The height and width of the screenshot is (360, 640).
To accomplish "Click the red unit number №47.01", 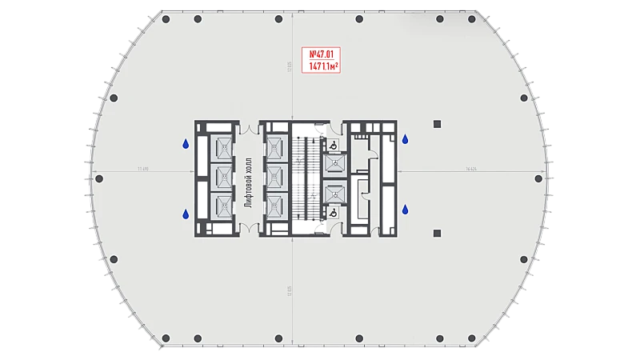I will [x=320, y=54].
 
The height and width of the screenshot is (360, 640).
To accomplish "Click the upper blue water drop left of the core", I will [x=186, y=145].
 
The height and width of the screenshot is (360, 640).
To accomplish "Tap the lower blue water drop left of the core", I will [x=186, y=214].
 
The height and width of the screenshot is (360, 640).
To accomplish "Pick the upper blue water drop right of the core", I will [x=406, y=140].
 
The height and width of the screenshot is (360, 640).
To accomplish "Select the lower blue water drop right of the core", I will [x=406, y=210].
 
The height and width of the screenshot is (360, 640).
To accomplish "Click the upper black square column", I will [x=437, y=124].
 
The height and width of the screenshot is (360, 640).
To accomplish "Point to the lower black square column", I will [x=437, y=233].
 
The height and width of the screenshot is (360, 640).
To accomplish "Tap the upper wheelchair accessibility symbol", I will [x=332, y=145].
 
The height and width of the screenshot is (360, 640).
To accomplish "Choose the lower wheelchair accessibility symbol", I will [x=332, y=213].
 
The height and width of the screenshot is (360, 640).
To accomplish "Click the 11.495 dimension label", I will [x=144, y=170].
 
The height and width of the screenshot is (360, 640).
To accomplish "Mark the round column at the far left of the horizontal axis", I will [x=98, y=178].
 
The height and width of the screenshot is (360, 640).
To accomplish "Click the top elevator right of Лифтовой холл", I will [x=276, y=146].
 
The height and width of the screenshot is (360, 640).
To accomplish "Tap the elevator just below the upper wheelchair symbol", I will [x=334, y=163].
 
